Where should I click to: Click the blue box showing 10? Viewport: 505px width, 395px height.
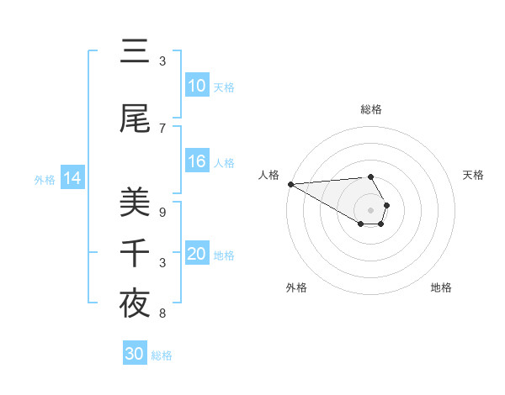[x=197, y=86]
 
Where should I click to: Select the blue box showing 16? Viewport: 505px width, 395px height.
[x=197, y=161]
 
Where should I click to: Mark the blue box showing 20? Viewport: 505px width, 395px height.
[x=197, y=254]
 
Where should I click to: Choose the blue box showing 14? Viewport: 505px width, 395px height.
[x=72, y=178]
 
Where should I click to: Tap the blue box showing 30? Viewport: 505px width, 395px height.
[x=135, y=354]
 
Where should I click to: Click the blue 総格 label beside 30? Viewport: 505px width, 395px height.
[x=162, y=355]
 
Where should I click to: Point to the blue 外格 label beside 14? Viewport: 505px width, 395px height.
[x=45, y=179]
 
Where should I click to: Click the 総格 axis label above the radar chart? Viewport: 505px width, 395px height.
[x=371, y=109]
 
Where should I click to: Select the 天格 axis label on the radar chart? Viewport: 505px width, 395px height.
[x=474, y=175]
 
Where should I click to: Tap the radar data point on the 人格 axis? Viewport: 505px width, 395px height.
[x=290, y=184]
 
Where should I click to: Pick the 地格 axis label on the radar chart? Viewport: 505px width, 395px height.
[x=441, y=288]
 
